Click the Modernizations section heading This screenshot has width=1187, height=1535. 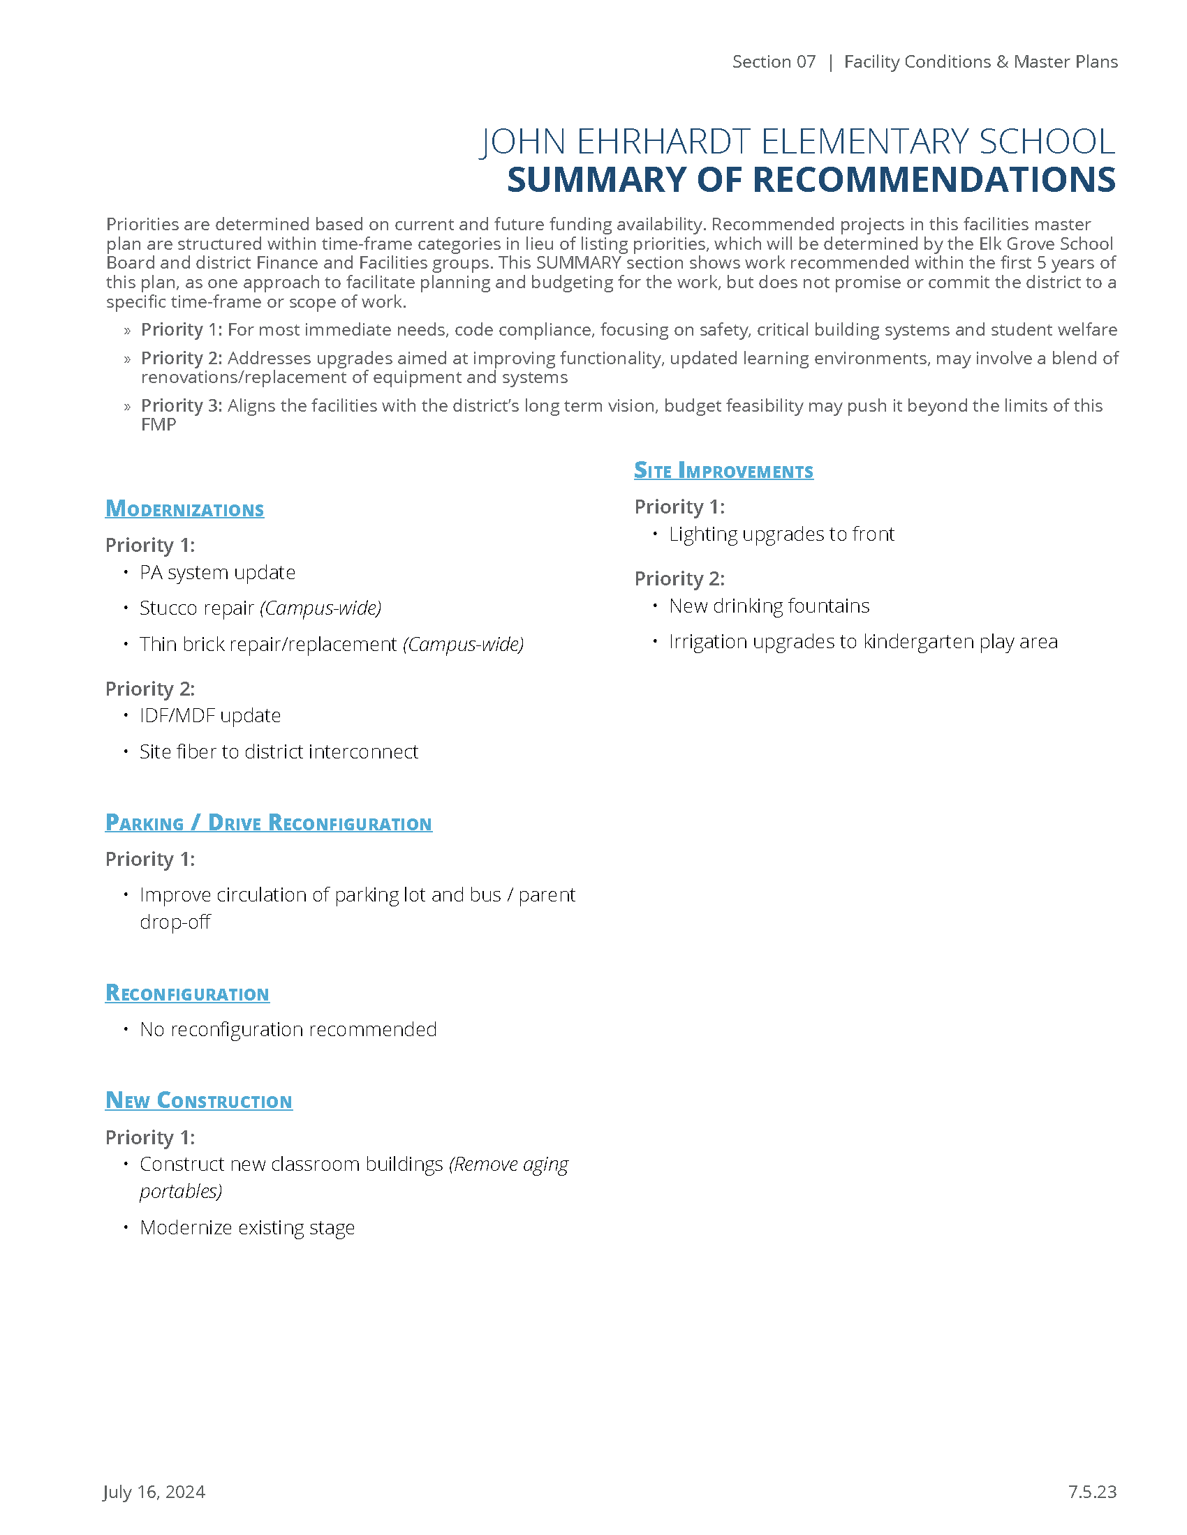tap(184, 509)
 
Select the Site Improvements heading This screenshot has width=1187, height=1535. tap(723, 470)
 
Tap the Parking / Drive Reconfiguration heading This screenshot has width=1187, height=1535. tap(268, 823)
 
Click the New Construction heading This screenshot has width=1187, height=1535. tap(198, 1100)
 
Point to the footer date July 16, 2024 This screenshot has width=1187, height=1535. tap(154, 1492)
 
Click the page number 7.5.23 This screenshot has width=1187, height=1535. tap(1091, 1492)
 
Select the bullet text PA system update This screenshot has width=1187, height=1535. tap(216, 572)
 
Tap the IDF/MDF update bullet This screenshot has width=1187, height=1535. tap(209, 715)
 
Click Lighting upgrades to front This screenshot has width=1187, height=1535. tap(781, 534)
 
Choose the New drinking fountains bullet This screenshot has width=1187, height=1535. tap(769, 606)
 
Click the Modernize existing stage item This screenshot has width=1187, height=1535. tap(246, 1227)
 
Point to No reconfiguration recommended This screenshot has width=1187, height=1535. tap(288, 1029)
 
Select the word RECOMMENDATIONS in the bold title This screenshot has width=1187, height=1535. tap(934, 180)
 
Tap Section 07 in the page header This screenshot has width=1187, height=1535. tap(774, 62)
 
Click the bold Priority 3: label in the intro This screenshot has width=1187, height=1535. tap(182, 405)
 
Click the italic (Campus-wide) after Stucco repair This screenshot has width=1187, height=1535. tap(320, 608)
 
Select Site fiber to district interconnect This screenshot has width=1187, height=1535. tap(279, 751)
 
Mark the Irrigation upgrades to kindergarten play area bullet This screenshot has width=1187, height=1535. tap(862, 642)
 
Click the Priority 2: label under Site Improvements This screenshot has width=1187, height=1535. tap(679, 578)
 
